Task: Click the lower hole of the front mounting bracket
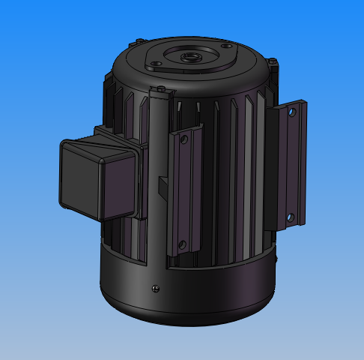181,243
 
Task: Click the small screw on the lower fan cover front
154,285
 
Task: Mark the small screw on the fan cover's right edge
276,258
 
